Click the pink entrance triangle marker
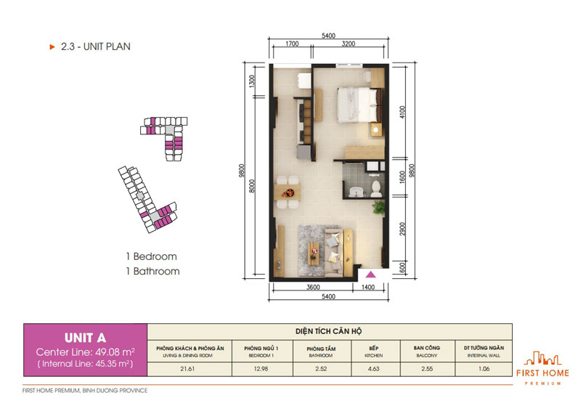(370, 275)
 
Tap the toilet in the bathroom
(376, 189)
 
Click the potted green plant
(378, 208)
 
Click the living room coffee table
(314, 253)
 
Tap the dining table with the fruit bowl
(287, 192)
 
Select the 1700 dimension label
(292, 44)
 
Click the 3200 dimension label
(349, 44)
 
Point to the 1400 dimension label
(368, 287)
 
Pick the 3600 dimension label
(313, 287)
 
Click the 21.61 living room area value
(187, 369)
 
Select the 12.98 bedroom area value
(261, 369)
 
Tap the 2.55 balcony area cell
(427, 369)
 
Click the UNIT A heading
(85, 338)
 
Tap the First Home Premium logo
(543, 368)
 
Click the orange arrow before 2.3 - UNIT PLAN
(52, 46)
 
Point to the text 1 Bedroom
(152, 256)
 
